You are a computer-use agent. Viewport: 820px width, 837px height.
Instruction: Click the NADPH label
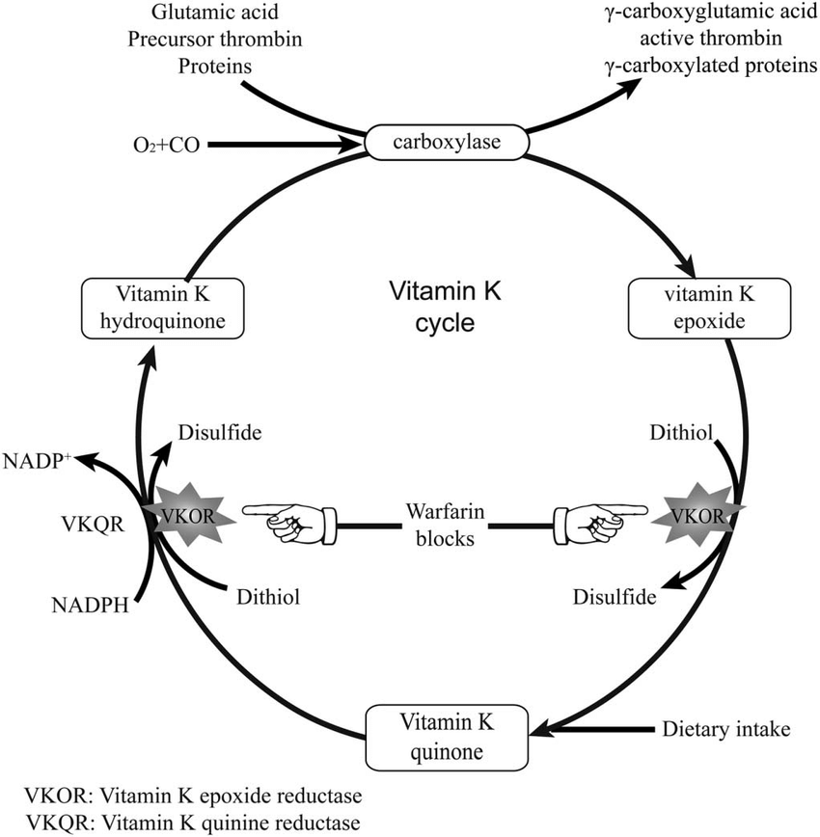[x=84, y=605]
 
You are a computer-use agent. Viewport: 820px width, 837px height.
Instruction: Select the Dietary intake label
[x=726, y=729]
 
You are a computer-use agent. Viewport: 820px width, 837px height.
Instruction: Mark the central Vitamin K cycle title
[x=431, y=307]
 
